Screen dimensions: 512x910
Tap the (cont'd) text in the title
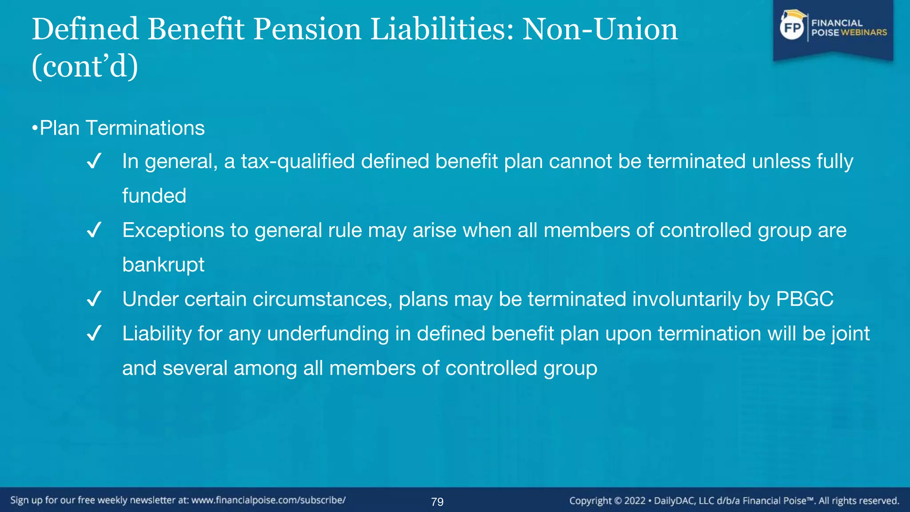pyautogui.click(x=85, y=67)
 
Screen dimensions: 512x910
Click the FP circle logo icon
pyautogui.click(x=792, y=28)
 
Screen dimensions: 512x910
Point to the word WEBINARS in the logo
pyautogui.click(x=864, y=32)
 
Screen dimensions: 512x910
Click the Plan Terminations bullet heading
pyautogui.click(x=122, y=128)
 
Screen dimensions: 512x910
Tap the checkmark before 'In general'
pyautogui.click(x=94, y=161)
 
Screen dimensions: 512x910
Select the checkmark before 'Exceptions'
pyautogui.click(x=94, y=230)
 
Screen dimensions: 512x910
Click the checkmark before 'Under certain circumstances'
pyautogui.click(x=94, y=299)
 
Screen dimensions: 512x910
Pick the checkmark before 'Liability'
pyautogui.click(x=94, y=333)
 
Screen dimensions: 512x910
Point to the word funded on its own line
pyautogui.click(x=154, y=196)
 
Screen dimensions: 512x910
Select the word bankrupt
pyautogui.click(x=163, y=265)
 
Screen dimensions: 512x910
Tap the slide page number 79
pyautogui.click(x=437, y=502)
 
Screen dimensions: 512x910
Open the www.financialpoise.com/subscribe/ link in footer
pyautogui.click(x=268, y=500)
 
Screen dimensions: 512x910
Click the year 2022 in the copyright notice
pyautogui.click(x=635, y=501)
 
